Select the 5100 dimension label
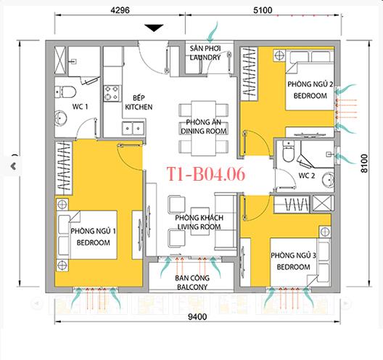click(287, 11)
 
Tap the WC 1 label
click(80, 107)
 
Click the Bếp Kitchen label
click(138, 102)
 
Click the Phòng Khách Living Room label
click(202, 222)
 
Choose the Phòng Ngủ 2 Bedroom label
click(310, 90)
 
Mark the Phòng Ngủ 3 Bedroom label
click(292, 261)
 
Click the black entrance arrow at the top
click(154, 28)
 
